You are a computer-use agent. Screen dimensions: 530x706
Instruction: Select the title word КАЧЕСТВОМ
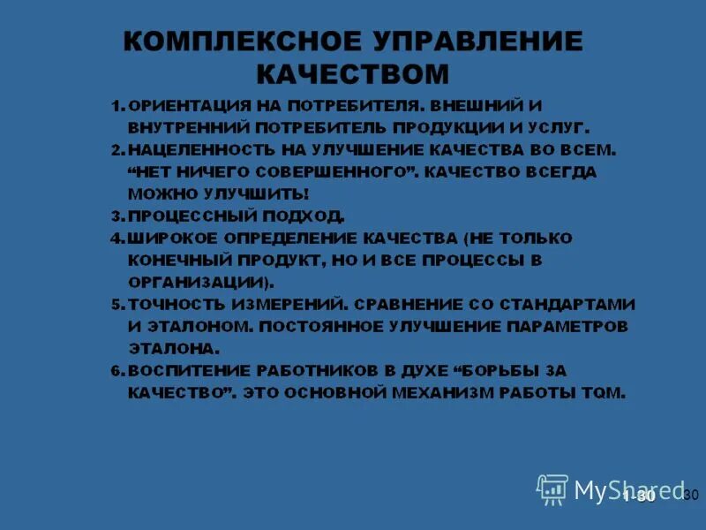pyautogui.click(x=353, y=72)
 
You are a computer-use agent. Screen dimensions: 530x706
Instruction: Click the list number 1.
pyautogui.click(x=117, y=106)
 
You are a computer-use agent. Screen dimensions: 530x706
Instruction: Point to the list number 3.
pyautogui.click(x=117, y=216)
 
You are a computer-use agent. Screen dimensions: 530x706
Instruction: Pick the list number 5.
pyautogui.click(x=117, y=304)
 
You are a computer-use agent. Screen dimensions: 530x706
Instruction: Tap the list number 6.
pyautogui.click(x=117, y=370)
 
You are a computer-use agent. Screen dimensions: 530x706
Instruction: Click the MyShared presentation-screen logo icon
pyautogui.click(x=552, y=488)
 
